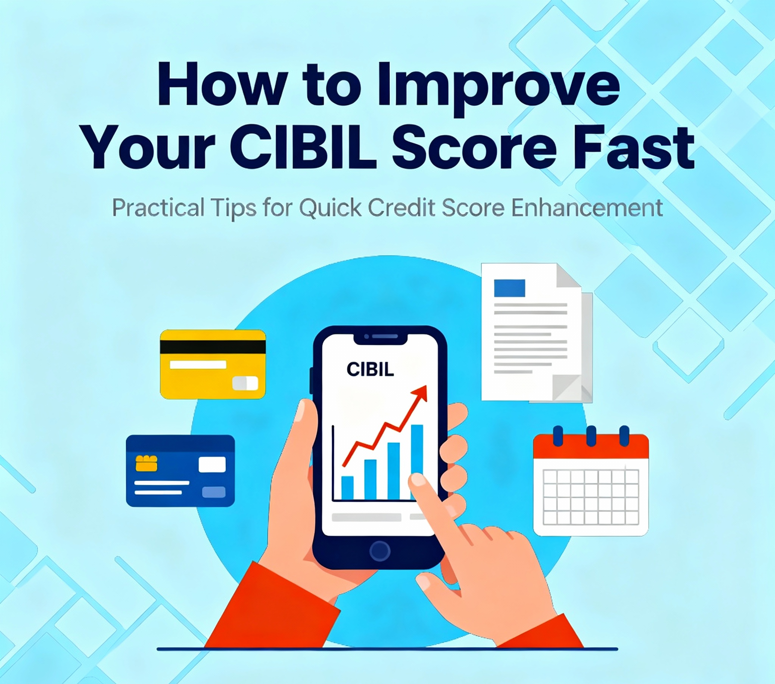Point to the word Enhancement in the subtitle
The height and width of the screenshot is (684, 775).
point(587,207)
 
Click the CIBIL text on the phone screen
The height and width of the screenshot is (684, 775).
point(370,369)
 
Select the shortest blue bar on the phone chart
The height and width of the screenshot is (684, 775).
point(347,488)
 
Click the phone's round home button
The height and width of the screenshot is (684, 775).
point(380,551)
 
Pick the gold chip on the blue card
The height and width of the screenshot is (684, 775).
point(146,463)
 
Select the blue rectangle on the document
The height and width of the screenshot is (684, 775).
point(510,288)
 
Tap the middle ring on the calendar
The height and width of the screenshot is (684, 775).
point(591,436)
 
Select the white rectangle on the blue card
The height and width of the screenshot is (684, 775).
point(212,465)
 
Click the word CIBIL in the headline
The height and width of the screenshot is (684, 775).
point(308,148)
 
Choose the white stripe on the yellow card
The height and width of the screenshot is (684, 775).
point(198,364)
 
